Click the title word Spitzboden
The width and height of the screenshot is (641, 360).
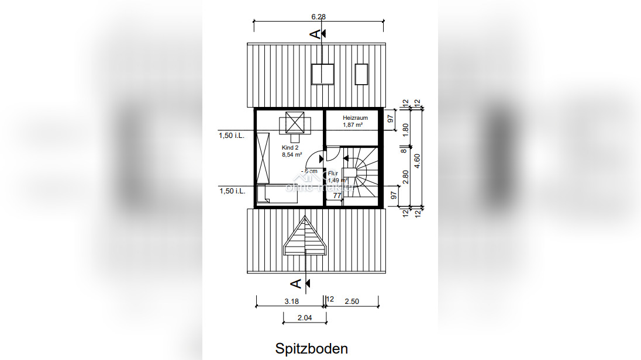pyautogui.click(x=311, y=349)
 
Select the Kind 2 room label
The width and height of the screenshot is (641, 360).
pyautogui.click(x=290, y=148)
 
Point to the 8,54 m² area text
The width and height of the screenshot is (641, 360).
pyautogui.click(x=292, y=155)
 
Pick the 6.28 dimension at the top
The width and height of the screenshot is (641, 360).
pyautogui.click(x=318, y=17)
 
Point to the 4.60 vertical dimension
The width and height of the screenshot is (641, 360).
pyautogui.click(x=417, y=158)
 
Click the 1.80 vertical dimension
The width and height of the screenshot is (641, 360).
pyautogui.click(x=406, y=129)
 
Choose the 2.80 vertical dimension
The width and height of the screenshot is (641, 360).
pyautogui.click(x=406, y=176)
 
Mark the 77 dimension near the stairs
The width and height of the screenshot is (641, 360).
pyautogui.click(x=337, y=196)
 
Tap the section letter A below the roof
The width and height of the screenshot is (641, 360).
pyautogui.click(x=297, y=283)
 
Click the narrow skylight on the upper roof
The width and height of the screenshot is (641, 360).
pyautogui.click(x=361, y=73)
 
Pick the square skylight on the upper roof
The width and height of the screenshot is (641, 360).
pyautogui.click(x=322, y=74)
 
